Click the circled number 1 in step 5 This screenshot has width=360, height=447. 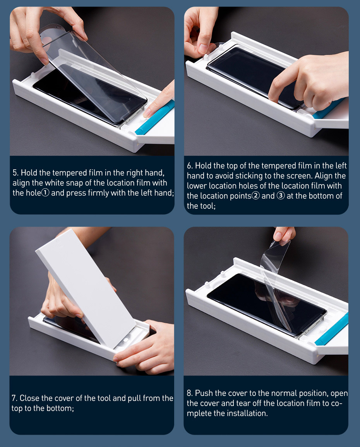45,193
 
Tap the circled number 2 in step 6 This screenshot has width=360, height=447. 256,196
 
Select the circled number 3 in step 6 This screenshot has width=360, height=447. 281,196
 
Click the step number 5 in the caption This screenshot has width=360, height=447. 15,173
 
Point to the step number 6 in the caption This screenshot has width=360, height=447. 190,165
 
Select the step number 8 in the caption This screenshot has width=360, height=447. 190,393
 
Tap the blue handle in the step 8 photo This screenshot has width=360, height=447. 332,329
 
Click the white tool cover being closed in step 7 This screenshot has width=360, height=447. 86,288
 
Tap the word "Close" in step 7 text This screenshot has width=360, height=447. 29,398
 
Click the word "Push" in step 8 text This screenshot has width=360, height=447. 204,393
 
